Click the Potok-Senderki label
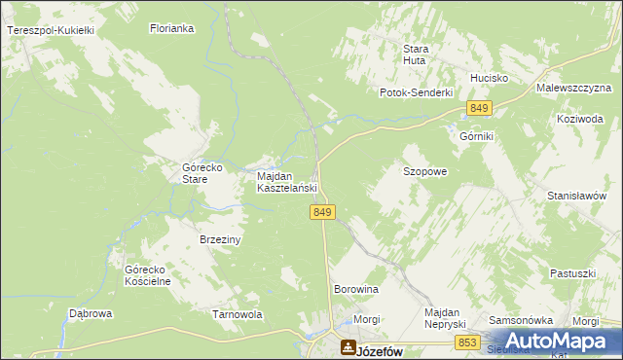click(417, 92)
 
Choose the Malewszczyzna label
click(572, 88)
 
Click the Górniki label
click(477, 137)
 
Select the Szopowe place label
click(424, 171)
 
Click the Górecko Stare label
click(203, 173)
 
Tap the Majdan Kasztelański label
click(287, 182)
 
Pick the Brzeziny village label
click(220, 238)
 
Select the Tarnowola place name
click(238, 314)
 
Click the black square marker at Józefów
click(348, 346)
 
